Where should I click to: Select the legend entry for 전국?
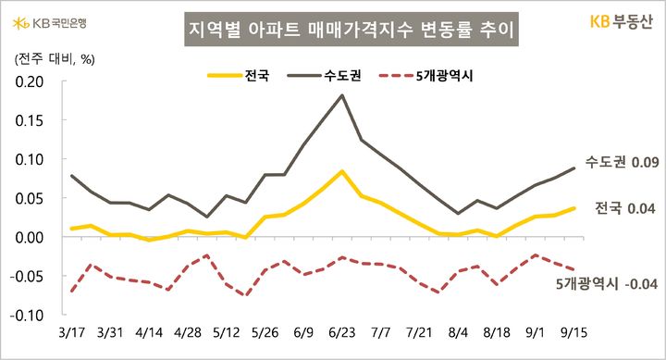click(241, 75)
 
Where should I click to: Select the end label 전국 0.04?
click(625, 208)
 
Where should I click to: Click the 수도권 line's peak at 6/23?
click(342, 95)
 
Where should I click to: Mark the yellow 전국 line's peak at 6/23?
click(342, 171)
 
